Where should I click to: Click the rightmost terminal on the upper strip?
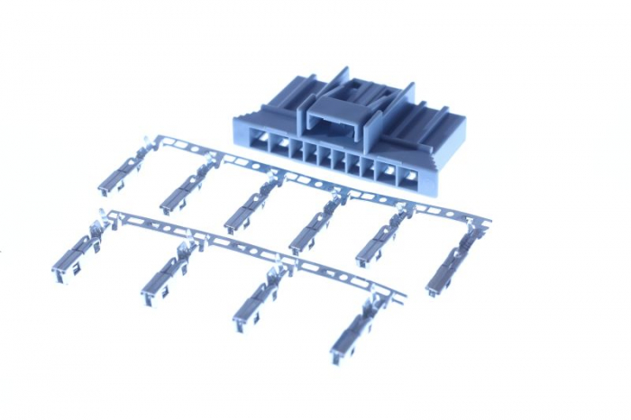452,266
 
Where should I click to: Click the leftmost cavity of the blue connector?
262,142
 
